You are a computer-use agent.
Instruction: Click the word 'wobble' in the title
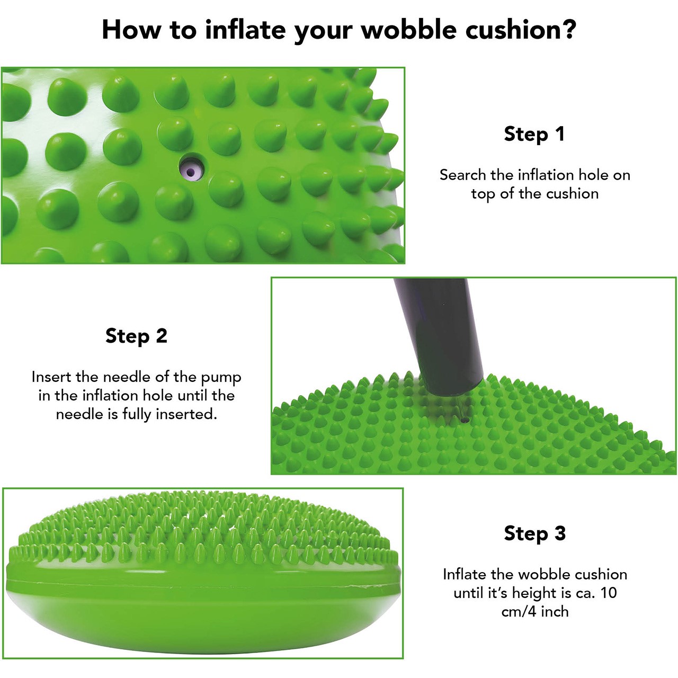pos(409,30)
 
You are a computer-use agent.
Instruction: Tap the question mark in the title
pos(568,30)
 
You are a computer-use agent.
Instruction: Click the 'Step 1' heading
pos(534,134)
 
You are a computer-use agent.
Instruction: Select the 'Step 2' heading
pos(136,336)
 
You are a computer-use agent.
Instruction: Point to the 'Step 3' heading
pos(535,533)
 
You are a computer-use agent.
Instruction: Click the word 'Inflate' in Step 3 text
pos(465,575)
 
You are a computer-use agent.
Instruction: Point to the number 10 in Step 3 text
pos(608,593)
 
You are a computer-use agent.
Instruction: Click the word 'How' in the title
pos(131,30)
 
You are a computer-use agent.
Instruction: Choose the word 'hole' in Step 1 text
pos(592,175)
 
